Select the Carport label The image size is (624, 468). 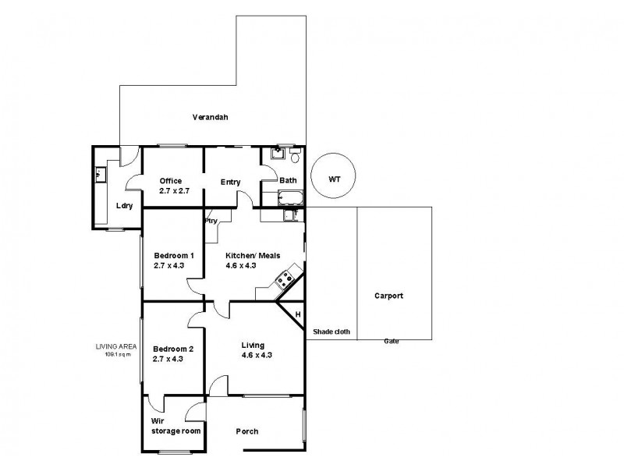click(388, 296)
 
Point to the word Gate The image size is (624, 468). click(391, 341)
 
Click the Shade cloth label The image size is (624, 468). click(331, 331)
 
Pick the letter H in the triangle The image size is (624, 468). click(297, 314)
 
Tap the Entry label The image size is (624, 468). click(230, 182)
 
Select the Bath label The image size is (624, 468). click(288, 181)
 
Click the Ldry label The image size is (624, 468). click(124, 205)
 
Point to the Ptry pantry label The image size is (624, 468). click(211, 221)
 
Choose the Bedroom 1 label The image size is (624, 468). click(173, 255)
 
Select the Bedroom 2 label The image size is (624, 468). click(173, 348)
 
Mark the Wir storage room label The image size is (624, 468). click(175, 425)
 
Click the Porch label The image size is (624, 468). click(247, 431)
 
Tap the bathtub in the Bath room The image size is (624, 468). click(289, 197)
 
